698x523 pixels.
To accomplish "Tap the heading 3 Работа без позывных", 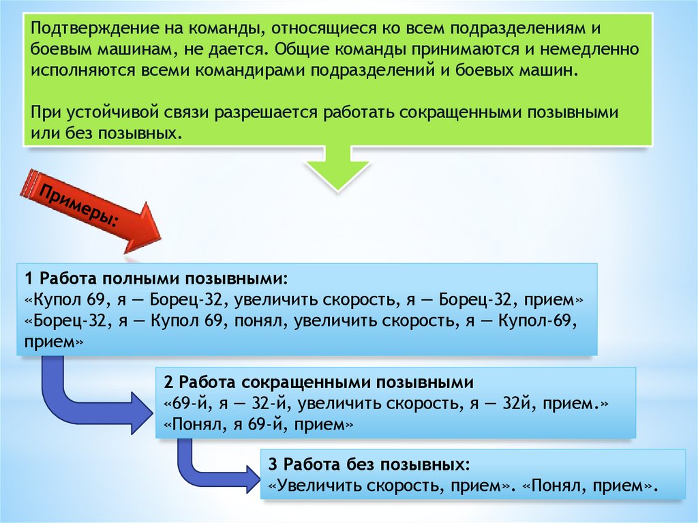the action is coord(369,465).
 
